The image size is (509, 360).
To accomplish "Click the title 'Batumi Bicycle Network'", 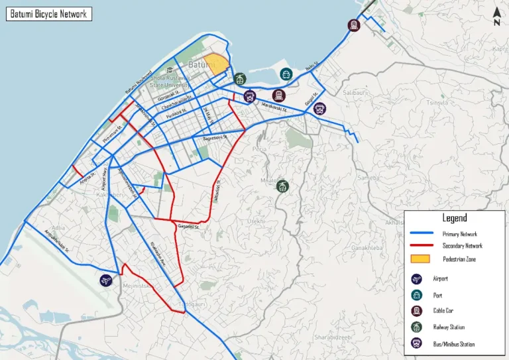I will [x=49, y=13].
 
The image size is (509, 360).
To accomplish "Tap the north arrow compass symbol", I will [x=497, y=17].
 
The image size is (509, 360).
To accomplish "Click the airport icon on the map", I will [x=105, y=280].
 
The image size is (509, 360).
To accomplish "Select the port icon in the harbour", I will [x=286, y=74].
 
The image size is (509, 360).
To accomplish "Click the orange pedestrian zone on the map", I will [x=217, y=65].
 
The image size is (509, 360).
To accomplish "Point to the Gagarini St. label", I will [x=189, y=227].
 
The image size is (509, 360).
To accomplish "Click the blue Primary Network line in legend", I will [x=421, y=233].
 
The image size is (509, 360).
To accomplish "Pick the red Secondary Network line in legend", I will [x=421, y=246].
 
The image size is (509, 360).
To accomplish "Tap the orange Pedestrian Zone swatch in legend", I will [x=421, y=259].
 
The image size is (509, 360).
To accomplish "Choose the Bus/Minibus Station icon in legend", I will [x=416, y=343].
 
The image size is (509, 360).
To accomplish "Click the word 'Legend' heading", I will [x=455, y=217].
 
